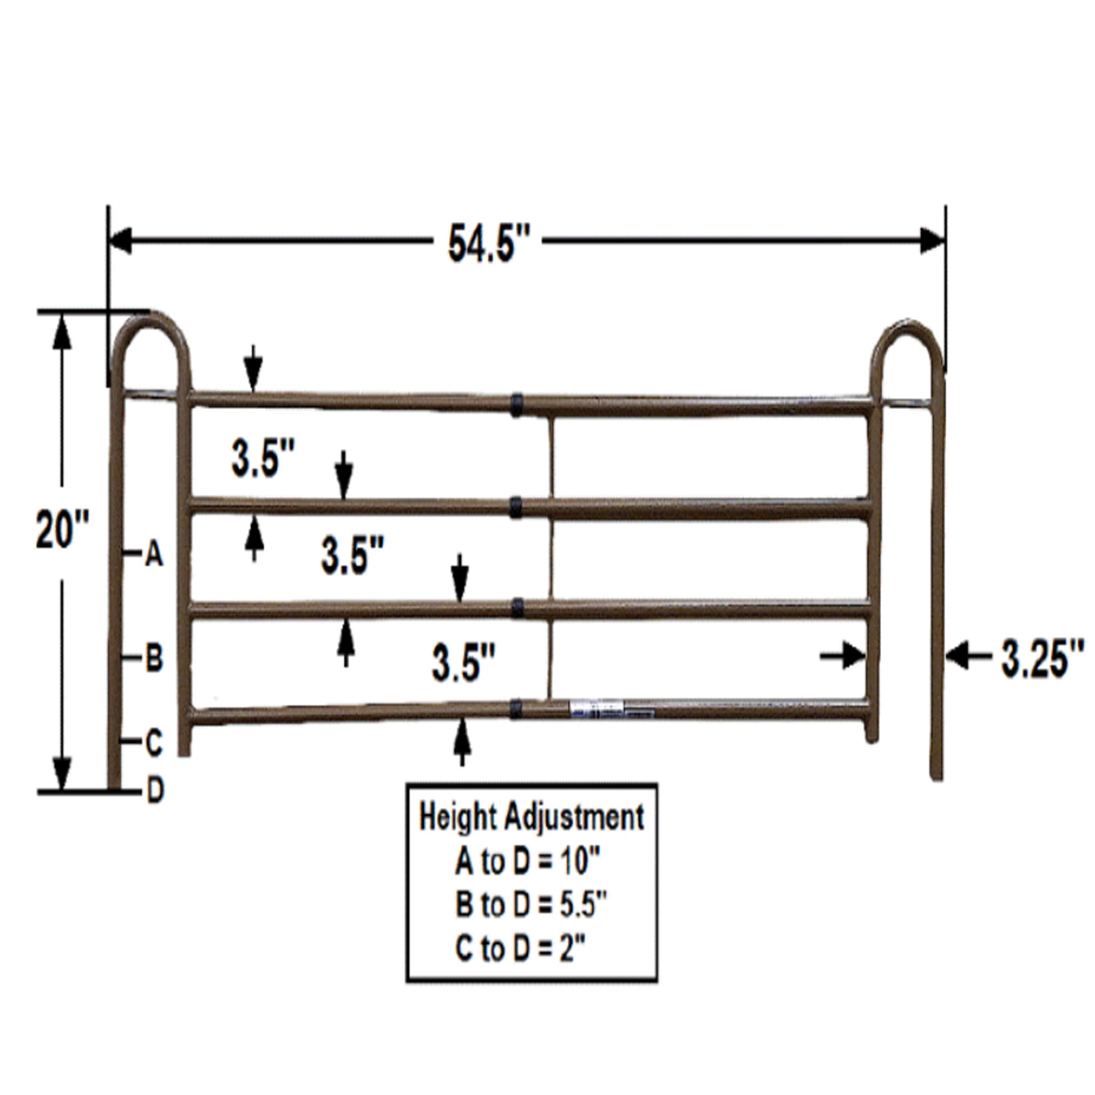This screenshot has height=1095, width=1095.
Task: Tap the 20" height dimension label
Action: [63, 529]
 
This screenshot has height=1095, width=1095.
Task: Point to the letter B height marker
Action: [154, 659]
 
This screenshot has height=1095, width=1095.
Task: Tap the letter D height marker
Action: [155, 790]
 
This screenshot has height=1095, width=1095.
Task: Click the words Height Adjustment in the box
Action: [531, 818]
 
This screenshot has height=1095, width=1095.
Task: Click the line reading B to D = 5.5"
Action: [531, 905]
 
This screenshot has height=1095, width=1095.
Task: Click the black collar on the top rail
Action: [516, 404]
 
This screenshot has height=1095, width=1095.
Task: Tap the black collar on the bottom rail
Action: [516, 708]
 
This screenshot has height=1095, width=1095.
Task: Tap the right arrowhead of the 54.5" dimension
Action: [932, 240]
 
